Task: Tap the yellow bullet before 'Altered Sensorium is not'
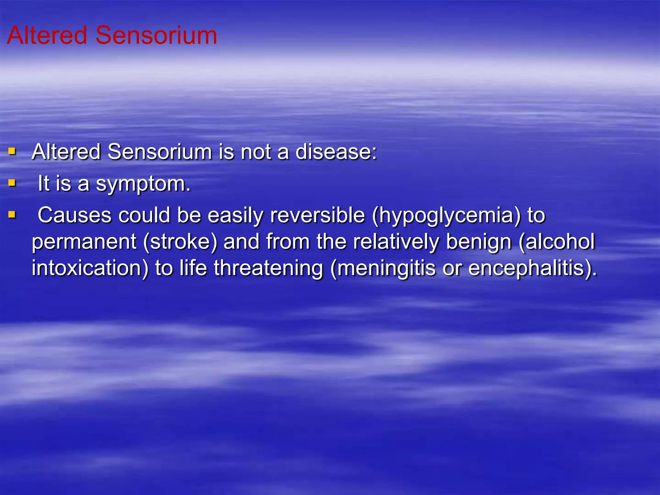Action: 12,151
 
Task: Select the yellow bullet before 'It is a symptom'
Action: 12,183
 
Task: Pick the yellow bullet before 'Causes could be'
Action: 12,214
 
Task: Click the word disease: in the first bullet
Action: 336,151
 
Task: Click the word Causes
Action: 74,215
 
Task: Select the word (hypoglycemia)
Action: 446,216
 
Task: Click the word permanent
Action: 84,242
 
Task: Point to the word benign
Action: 479,242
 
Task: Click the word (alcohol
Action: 557,241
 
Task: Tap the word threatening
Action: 268,268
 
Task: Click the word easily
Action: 236,216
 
